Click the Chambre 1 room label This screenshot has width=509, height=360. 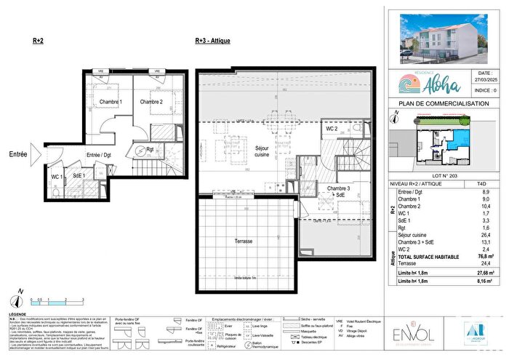(111, 102)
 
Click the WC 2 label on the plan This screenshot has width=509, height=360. (332, 129)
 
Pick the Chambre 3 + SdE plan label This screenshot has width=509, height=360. (336, 192)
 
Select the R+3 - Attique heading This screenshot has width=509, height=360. (212, 41)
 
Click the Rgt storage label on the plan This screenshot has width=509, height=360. (148, 151)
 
